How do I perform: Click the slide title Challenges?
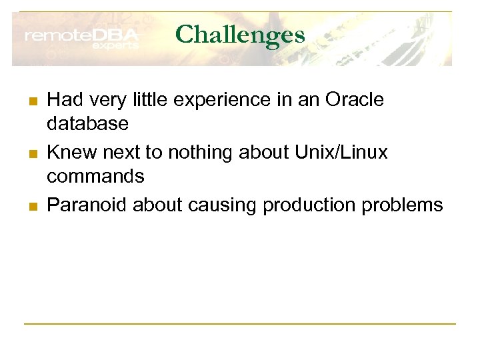pyautogui.click(x=240, y=34)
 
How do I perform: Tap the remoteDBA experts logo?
pyautogui.click(x=82, y=39)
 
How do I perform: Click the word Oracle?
pyautogui.click(x=355, y=100)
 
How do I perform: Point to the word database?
pyautogui.click(x=87, y=124)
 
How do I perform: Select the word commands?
pyautogui.click(x=95, y=177)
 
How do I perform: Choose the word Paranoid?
pyautogui.click(x=87, y=205)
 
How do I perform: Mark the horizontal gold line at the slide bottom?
pyautogui.click(x=240, y=324)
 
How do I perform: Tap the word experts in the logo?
pyautogui.click(x=115, y=46)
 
